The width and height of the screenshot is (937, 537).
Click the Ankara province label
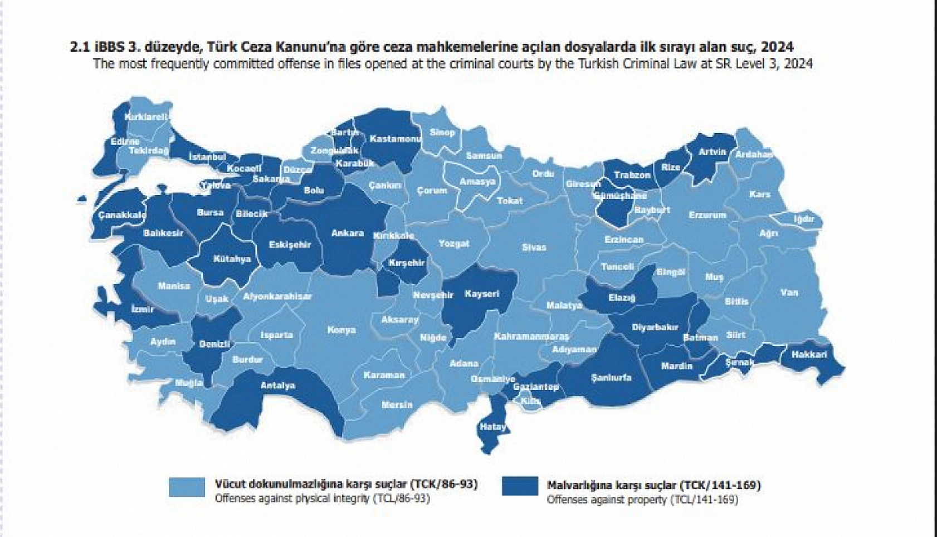coord(347,233)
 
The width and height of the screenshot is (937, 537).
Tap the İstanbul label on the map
coord(207,157)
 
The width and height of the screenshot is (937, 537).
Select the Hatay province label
coord(492,427)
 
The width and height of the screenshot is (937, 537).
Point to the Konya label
coord(341,330)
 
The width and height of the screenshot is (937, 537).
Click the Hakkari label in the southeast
coord(809,354)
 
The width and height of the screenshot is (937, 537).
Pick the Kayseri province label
coord(482,294)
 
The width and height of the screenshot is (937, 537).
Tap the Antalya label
coord(277,385)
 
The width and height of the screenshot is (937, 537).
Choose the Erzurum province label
coord(707,214)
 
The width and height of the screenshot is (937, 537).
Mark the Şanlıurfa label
coord(611,378)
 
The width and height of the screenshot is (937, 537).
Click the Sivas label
coord(534,247)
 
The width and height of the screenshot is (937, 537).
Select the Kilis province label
coord(530,401)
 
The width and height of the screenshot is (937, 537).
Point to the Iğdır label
coord(803,219)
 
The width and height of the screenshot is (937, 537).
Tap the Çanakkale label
coord(122,215)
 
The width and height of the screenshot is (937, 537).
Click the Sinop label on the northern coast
coord(442,133)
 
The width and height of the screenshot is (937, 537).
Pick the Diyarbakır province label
coord(655,328)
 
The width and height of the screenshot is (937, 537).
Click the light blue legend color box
coord(187,486)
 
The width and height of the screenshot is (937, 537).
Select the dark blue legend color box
coord(519,486)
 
